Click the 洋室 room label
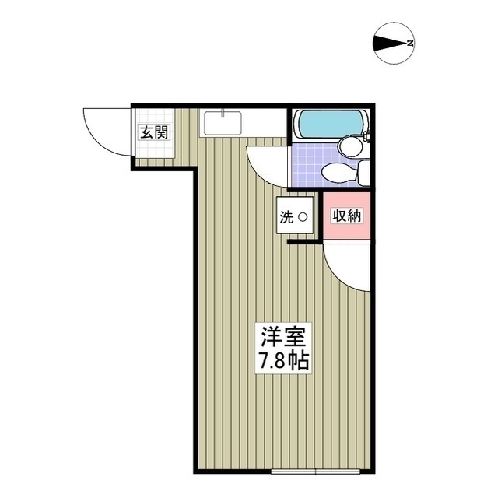pyautogui.click(x=284, y=337)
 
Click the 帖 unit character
pyautogui.click(x=300, y=362)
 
